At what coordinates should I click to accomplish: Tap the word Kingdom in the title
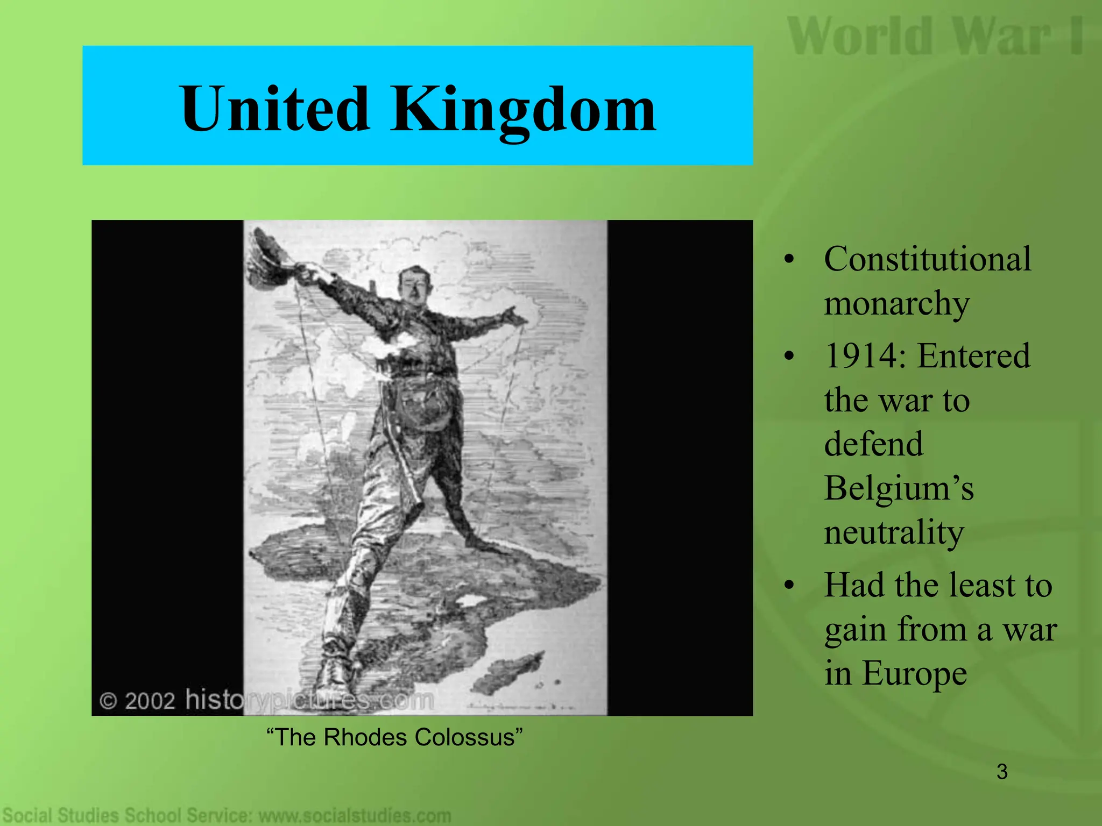tap(522, 110)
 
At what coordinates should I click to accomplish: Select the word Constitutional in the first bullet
tap(927, 259)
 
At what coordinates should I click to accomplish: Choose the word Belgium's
tap(899, 488)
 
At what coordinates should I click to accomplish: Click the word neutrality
tap(894, 532)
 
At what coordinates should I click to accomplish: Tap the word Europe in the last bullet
tap(914, 673)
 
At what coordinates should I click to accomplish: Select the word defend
tap(873, 444)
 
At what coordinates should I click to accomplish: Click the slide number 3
tap(1001, 772)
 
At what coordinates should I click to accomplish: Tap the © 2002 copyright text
tap(138, 701)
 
